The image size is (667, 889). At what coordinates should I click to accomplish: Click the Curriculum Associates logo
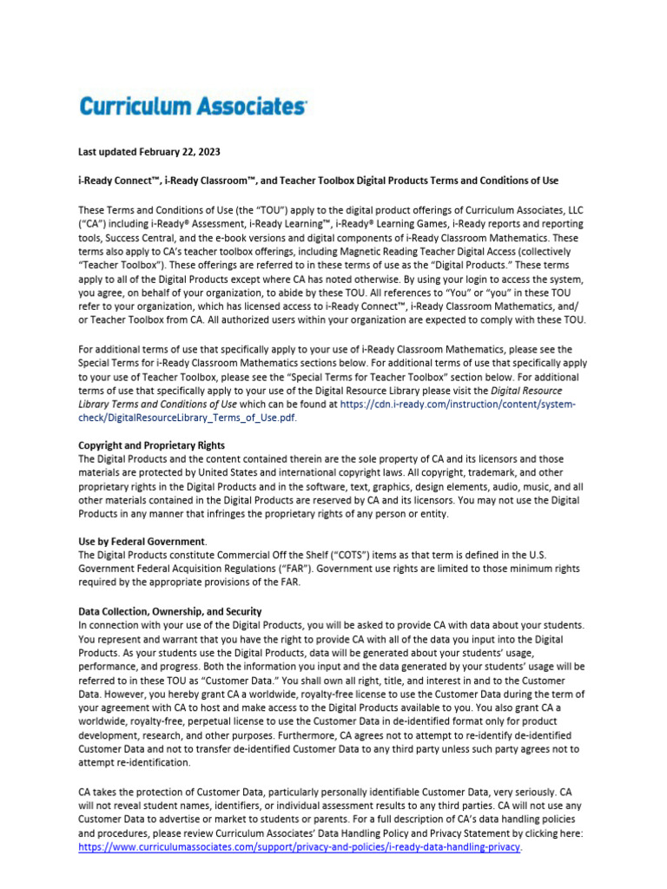pos(193,107)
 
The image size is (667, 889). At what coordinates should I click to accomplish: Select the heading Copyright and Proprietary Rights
pos(151,444)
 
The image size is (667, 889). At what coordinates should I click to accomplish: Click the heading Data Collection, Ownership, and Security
pos(170,611)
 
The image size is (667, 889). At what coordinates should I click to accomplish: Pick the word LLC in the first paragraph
pos(573,209)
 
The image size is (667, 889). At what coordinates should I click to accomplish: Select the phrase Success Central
pos(138,237)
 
